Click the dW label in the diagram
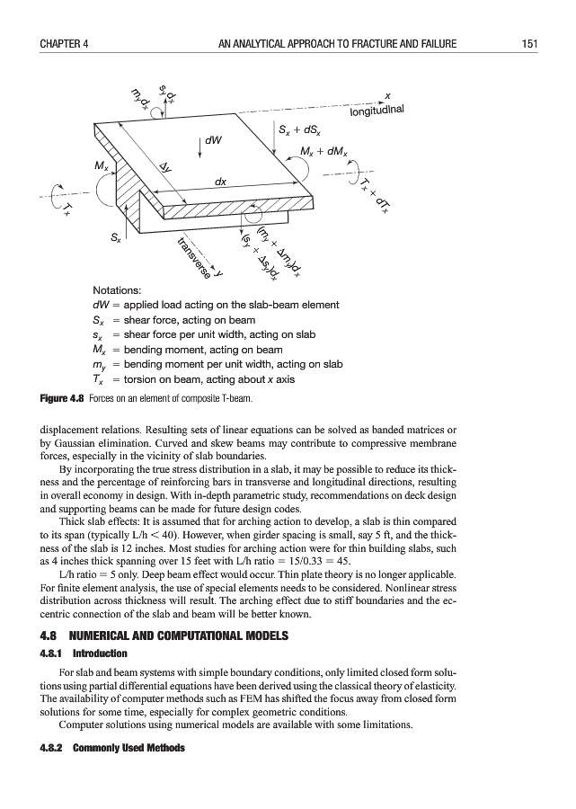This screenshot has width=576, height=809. pyautogui.click(x=214, y=141)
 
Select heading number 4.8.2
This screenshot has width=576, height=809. pyautogui.click(x=51, y=748)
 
